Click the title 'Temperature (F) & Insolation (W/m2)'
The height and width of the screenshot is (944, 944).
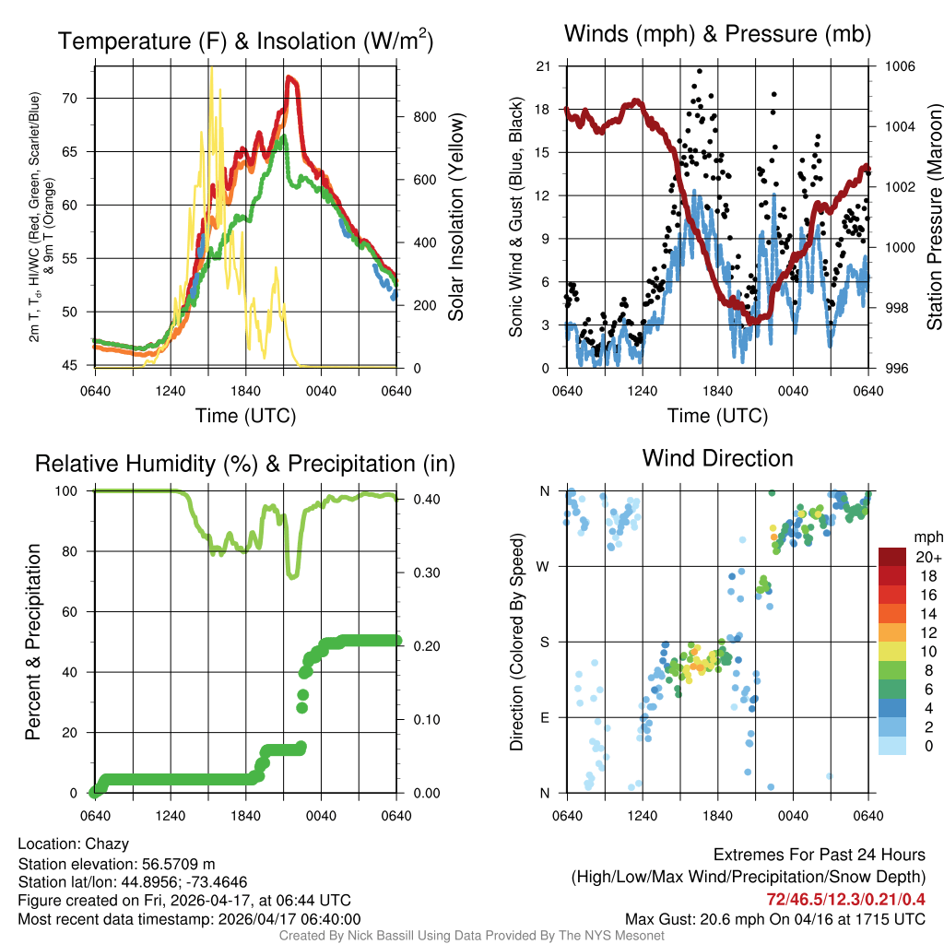click(x=245, y=41)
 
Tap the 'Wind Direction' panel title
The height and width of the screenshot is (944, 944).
click(x=717, y=458)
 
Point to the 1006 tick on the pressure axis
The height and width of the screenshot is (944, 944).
click(x=898, y=66)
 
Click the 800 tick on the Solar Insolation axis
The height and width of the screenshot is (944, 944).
click(x=425, y=117)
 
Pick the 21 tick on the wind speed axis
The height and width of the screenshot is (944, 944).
click(x=543, y=66)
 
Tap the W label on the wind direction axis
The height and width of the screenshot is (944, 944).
click(x=545, y=566)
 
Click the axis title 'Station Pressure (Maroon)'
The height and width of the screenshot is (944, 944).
click(x=934, y=218)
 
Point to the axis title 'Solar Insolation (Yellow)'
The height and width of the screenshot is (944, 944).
click(x=455, y=218)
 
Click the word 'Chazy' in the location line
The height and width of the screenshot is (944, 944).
click(x=107, y=844)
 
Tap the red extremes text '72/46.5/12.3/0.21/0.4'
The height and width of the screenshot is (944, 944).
click(x=845, y=899)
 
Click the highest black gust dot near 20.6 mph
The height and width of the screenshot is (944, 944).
click(x=700, y=71)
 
